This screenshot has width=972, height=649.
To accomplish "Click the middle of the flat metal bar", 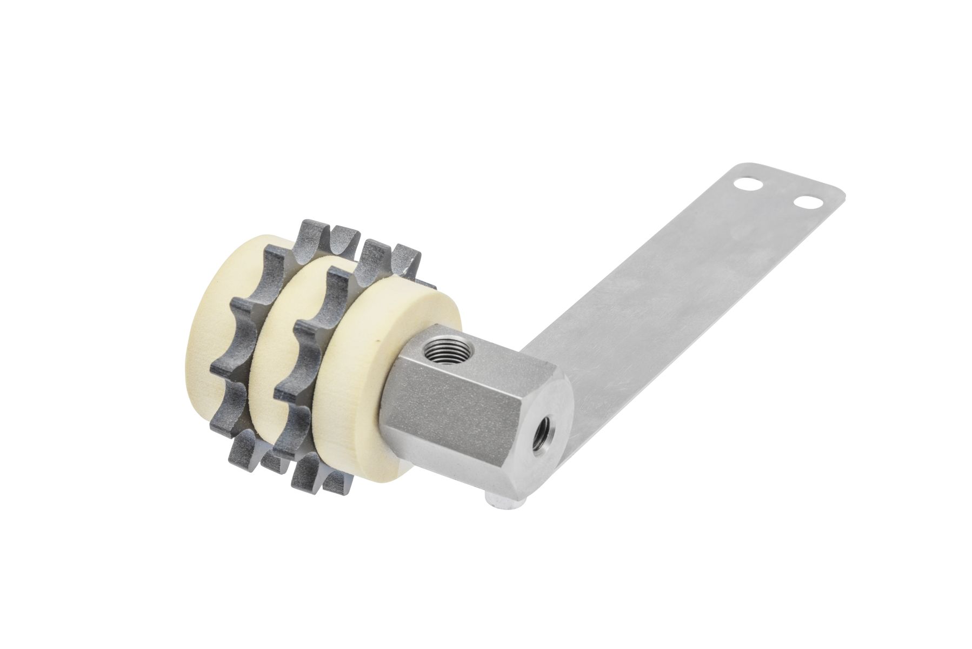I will [x=676, y=303].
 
